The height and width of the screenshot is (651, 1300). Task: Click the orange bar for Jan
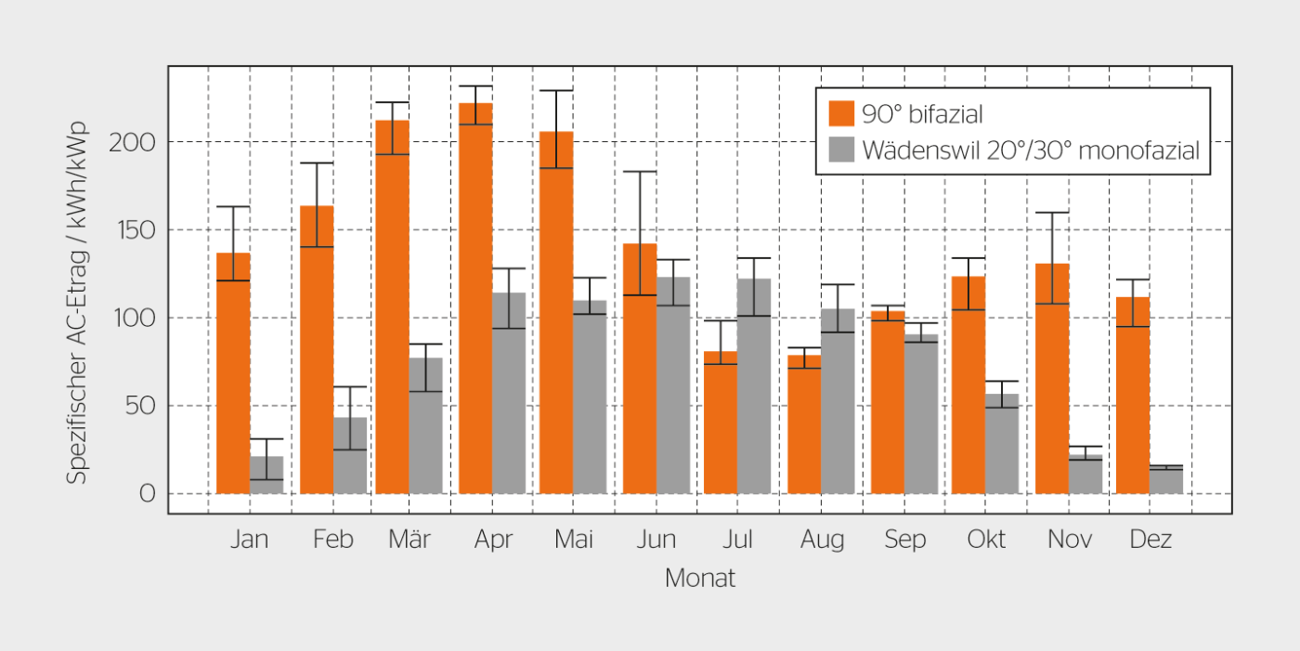click(233, 373)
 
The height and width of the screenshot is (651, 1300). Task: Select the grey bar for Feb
click(350, 455)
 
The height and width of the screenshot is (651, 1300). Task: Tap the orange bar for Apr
click(475, 298)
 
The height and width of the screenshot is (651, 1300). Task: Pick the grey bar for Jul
click(754, 385)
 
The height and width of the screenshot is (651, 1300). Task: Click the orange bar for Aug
click(804, 424)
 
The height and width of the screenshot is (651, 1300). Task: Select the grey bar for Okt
click(1002, 444)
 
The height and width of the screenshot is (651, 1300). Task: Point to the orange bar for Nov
click(1052, 378)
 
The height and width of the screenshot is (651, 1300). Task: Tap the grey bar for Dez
click(1166, 479)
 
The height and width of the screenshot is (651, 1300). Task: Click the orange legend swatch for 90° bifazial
click(841, 113)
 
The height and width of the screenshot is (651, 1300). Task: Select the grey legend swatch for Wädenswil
click(841, 150)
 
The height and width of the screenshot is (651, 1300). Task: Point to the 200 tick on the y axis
click(132, 143)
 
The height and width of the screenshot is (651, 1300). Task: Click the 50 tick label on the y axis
click(140, 406)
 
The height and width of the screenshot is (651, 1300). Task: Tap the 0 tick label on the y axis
click(148, 494)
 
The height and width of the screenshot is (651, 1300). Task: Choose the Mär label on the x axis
click(409, 540)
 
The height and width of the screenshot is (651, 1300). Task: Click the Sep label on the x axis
click(904, 540)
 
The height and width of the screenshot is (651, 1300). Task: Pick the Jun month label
click(656, 540)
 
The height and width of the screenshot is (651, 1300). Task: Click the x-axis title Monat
click(700, 579)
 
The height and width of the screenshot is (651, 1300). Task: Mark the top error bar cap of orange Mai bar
click(556, 90)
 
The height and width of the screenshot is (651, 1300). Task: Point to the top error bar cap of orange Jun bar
click(640, 172)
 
